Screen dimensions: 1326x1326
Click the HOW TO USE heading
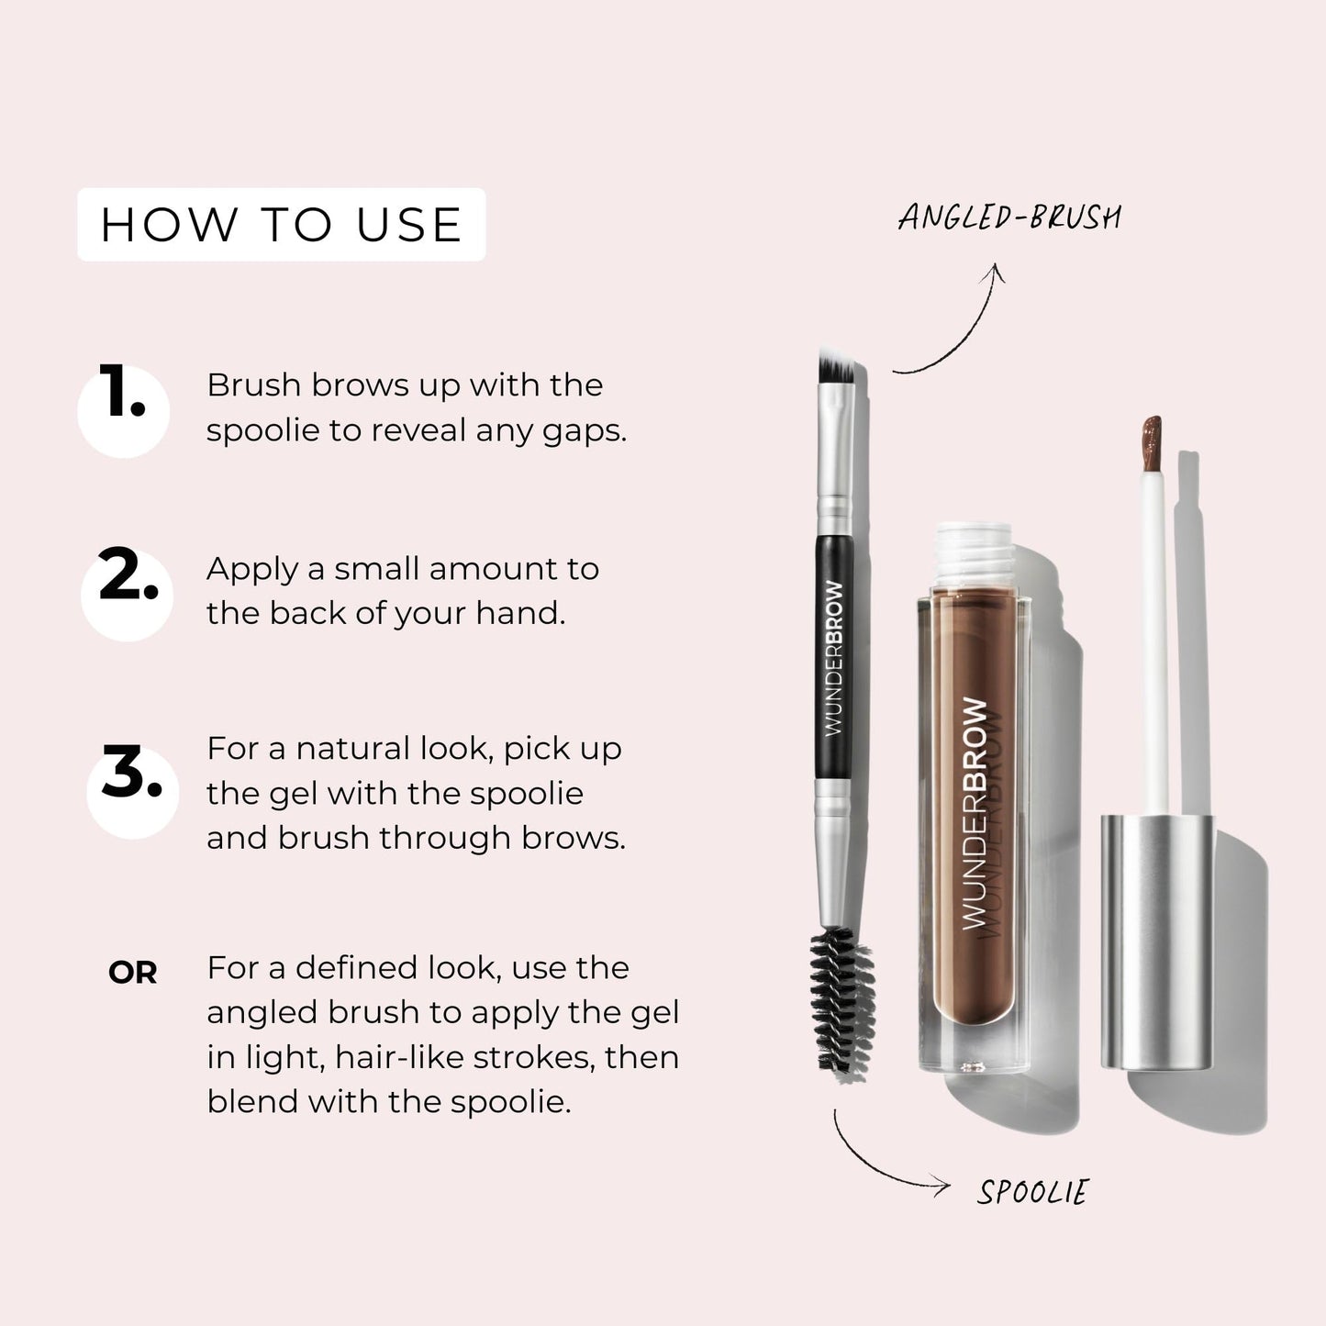click(x=281, y=225)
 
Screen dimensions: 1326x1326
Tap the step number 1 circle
click(x=123, y=409)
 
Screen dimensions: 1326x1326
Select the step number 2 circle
click(x=127, y=591)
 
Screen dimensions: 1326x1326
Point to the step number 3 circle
click(x=132, y=790)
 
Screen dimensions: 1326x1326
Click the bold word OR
click(x=132, y=973)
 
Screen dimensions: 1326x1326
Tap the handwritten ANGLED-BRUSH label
click(x=1008, y=217)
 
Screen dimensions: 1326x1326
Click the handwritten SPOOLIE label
click(x=1031, y=1192)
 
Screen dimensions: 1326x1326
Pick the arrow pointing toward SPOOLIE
click(x=881, y=1165)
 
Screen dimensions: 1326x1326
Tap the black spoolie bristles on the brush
click(x=841, y=1000)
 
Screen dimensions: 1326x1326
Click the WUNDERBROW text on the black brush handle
click(x=834, y=658)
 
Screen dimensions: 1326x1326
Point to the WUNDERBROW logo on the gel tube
click(x=975, y=812)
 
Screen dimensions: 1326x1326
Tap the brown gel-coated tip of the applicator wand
click(x=1151, y=441)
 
